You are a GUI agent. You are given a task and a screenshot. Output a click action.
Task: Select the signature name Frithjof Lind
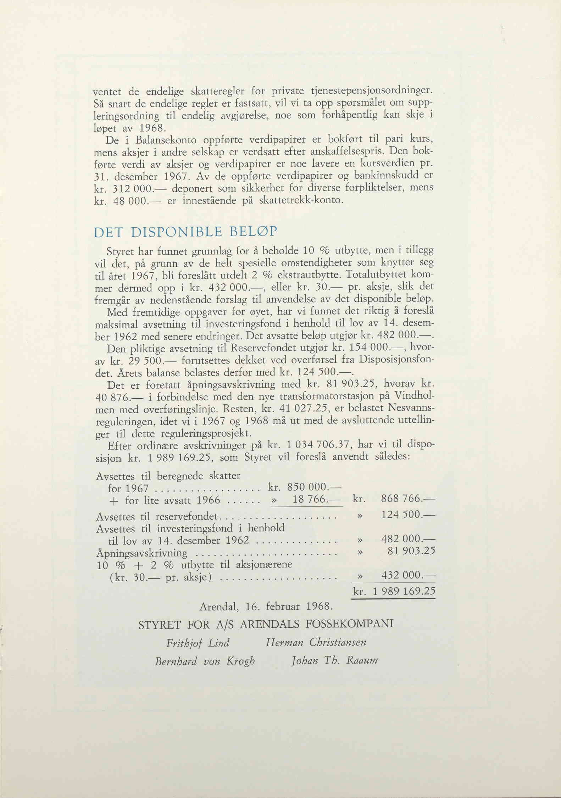coord(198,642)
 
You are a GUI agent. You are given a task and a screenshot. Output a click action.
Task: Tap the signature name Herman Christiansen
coord(316,642)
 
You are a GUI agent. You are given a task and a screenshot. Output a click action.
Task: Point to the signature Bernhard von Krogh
coord(205,661)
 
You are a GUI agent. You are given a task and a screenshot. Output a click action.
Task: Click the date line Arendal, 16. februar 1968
coord(266,606)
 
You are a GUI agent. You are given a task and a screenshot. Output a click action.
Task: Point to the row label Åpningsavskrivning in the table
coord(142,553)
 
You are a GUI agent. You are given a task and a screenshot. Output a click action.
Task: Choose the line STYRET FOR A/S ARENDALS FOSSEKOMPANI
coord(266,624)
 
